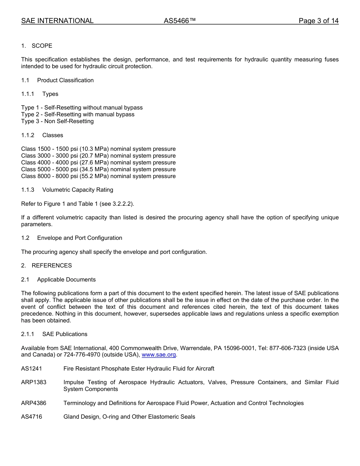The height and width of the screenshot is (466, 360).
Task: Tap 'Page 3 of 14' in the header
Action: (x=318, y=21)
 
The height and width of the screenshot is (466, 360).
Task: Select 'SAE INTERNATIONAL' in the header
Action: (x=57, y=21)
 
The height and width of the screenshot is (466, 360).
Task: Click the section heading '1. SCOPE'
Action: (x=37, y=46)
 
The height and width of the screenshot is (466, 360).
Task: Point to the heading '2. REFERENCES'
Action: (x=47, y=266)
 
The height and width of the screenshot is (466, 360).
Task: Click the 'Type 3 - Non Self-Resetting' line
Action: (x=58, y=121)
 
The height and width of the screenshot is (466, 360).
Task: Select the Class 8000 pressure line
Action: (x=98, y=176)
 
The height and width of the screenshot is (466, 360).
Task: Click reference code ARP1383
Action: (x=34, y=382)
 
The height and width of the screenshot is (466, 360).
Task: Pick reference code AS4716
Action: (x=32, y=417)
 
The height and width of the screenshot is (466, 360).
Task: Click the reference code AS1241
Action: (x=32, y=369)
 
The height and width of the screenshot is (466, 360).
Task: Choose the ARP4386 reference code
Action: (x=34, y=403)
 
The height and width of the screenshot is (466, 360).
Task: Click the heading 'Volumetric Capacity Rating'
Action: (x=78, y=190)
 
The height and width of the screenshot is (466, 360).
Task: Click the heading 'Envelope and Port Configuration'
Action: (x=80, y=238)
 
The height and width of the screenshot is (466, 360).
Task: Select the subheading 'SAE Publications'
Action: (x=65, y=334)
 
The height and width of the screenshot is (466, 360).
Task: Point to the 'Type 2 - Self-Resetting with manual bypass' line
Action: (x=78, y=114)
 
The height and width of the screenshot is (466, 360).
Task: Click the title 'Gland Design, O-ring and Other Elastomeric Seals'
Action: (x=129, y=417)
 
